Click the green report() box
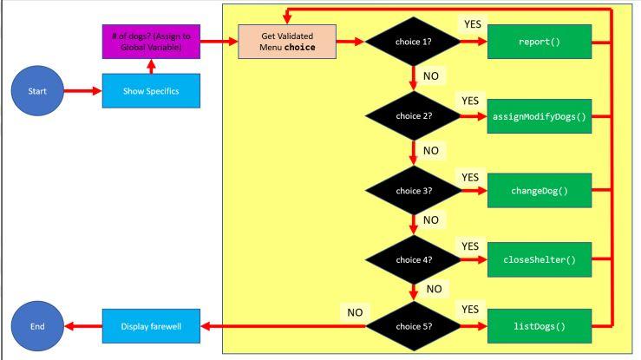click(539, 41)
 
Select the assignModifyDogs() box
click(539, 115)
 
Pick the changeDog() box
click(539, 190)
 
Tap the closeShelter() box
click(539, 259)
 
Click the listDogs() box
click(539, 327)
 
